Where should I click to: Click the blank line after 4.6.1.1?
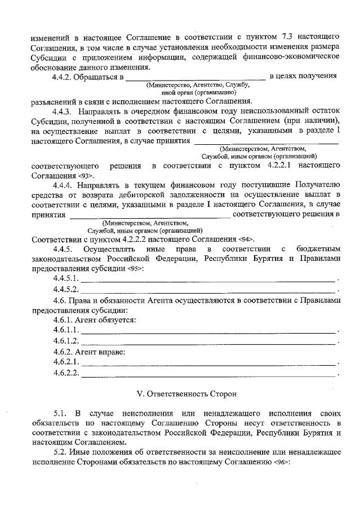[208, 330]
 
